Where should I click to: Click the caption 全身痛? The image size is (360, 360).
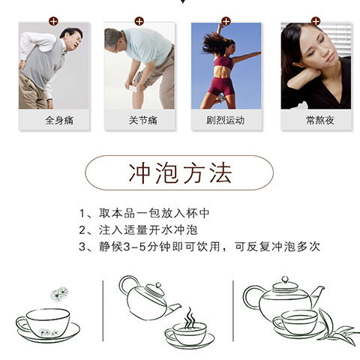[x=59, y=120]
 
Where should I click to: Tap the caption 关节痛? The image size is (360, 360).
[x=143, y=120]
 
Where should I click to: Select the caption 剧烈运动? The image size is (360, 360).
[x=226, y=120]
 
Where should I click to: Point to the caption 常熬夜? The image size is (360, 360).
[x=320, y=120]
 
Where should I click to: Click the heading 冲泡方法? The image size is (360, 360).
[x=180, y=172]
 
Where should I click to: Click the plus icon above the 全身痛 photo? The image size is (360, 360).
[x=53, y=21]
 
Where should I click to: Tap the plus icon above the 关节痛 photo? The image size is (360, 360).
[x=139, y=21]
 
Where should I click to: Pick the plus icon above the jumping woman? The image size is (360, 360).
[x=226, y=21]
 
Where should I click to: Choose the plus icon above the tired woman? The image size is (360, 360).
[x=316, y=21]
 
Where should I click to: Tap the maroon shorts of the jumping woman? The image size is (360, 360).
[x=221, y=86]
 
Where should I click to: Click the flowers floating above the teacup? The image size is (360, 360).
[x=59, y=294]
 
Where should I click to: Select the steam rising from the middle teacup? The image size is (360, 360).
[x=190, y=318]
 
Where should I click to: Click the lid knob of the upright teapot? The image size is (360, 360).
[x=285, y=280]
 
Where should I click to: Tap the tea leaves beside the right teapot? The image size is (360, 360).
[x=336, y=328]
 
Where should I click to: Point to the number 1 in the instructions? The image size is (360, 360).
[x=82, y=214]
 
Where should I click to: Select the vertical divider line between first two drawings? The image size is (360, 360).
[x=103, y=310]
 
